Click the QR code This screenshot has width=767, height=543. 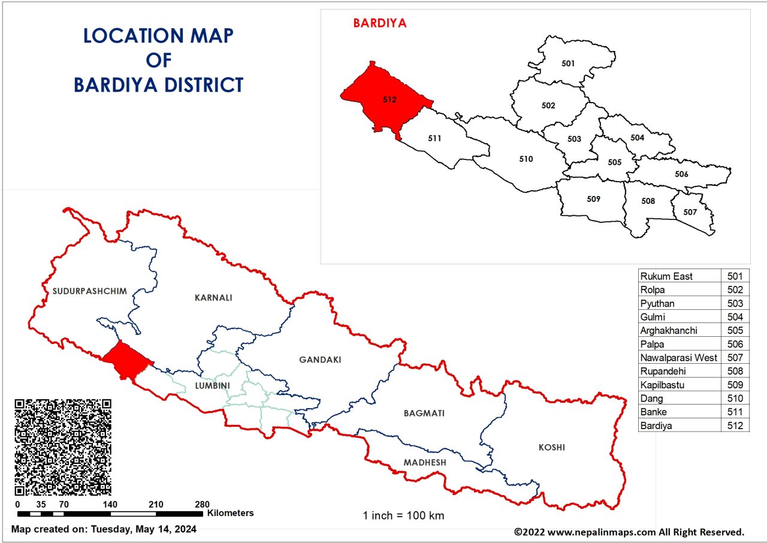point(63,447)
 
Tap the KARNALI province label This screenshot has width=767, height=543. point(213,297)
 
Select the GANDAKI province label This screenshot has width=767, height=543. point(320,360)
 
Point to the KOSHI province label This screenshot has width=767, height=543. point(551,447)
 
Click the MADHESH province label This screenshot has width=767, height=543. point(424,463)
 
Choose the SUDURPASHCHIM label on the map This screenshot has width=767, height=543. point(89,291)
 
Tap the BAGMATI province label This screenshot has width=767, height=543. point(424,413)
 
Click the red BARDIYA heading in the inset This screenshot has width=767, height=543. point(379,23)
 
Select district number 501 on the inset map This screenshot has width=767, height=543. point(568,63)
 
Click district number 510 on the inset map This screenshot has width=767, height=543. point(526,159)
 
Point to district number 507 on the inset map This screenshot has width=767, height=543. point(690,212)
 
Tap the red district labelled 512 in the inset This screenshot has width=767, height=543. point(389,99)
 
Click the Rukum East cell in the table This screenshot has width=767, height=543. point(666,276)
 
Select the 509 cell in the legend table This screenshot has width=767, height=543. point(735,385)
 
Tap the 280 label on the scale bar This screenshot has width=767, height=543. point(202,504)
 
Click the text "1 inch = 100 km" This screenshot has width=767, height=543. point(403,515)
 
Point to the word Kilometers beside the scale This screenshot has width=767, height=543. point(231,513)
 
